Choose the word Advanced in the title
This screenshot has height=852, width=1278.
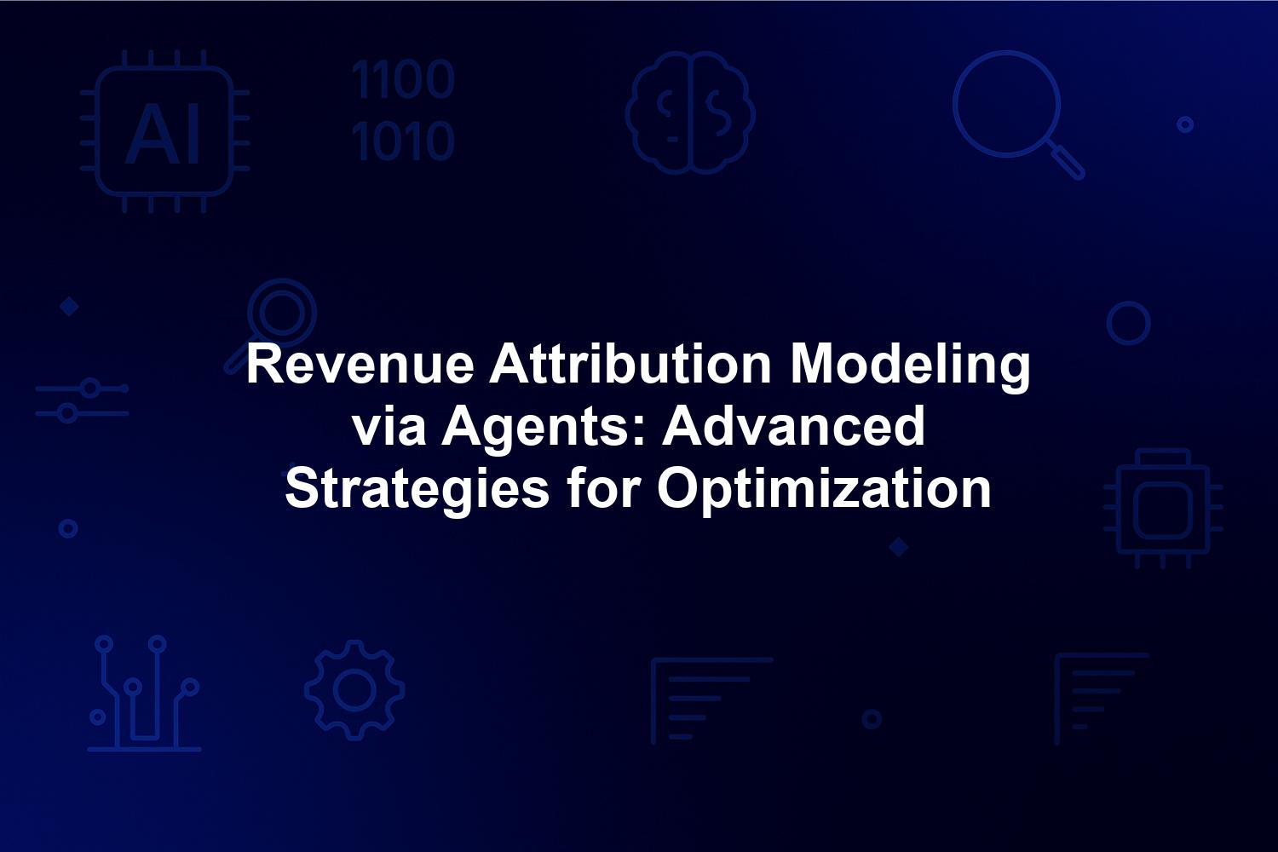tap(793, 427)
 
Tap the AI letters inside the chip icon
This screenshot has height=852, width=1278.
tap(164, 135)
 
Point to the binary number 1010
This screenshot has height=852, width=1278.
tap(403, 141)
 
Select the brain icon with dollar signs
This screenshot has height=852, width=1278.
tap(690, 112)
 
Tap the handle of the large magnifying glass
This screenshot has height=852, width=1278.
tap(1067, 162)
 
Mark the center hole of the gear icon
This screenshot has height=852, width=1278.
tap(355, 690)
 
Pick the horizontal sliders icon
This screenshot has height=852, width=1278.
tap(82, 400)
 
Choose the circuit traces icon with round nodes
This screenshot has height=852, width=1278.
tap(144, 694)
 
